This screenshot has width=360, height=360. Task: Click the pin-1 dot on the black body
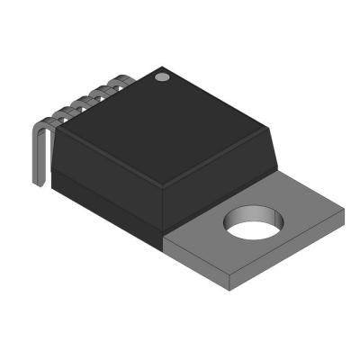162,78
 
